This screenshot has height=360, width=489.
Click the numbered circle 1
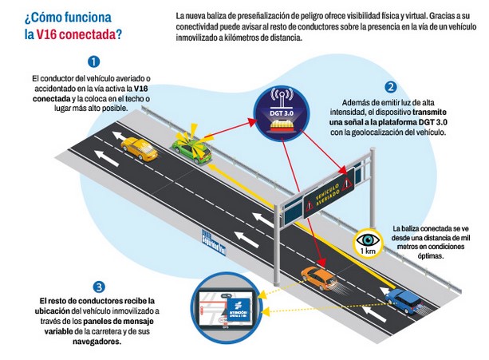tap(94, 61)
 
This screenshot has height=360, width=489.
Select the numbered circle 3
tap(98, 286)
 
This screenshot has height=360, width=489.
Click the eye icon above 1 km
tap(368, 239)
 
